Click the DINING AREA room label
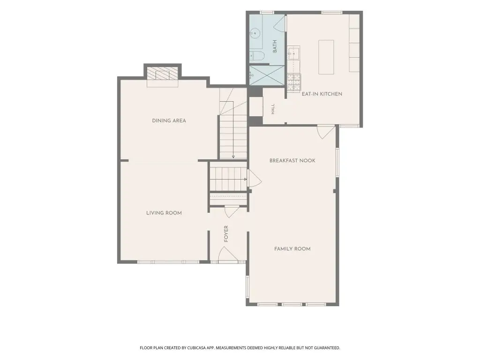(x=169, y=120)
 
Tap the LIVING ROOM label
(x=164, y=213)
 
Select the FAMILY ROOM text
(x=292, y=249)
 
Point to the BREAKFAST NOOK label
(x=292, y=160)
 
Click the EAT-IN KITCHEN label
(x=322, y=94)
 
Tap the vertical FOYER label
(x=226, y=234)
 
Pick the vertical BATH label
(x=275, y=46)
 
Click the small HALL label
(x=273, y=109)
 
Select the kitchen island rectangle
(x=326, y=57)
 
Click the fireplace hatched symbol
(x=163, y=74)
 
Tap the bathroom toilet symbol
(x=256, y=56)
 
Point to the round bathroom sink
(x=255, y=33)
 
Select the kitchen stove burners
(x=294, y=82)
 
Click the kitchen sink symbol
(x=293, y=53)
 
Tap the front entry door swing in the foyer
(x=228, y=254)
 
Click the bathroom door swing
(x=280, y=23)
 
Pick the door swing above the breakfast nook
(x=326, y=132)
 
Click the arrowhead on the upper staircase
(x=233, y=157)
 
